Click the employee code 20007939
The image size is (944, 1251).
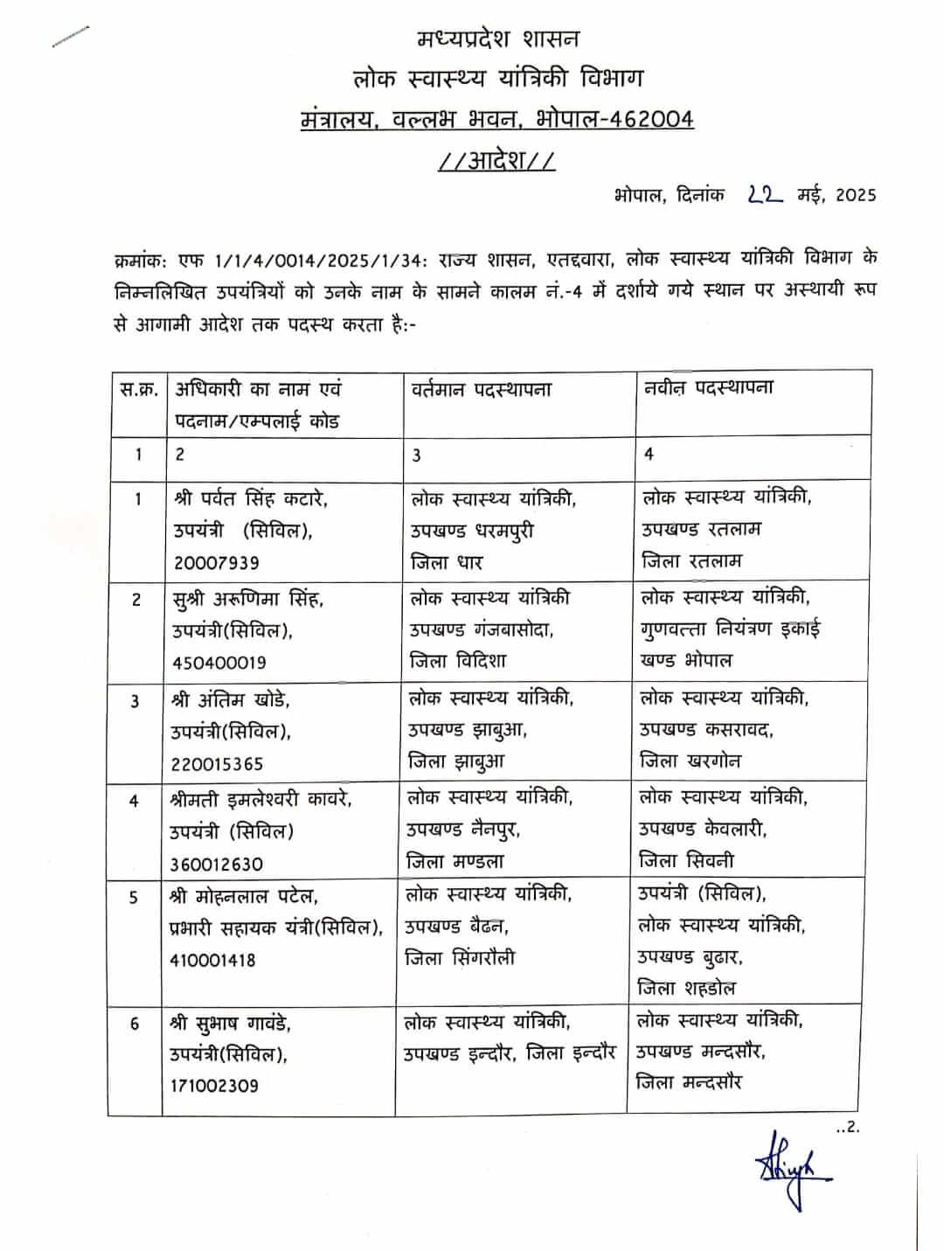(216, 563)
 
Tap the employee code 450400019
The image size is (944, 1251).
(219, 664)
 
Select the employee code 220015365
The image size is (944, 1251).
(217, 764)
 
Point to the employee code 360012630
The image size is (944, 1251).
(216, 865)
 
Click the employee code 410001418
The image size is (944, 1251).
(212, 960)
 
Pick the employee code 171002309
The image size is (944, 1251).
(214, 1086)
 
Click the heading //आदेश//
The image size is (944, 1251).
(495, 162)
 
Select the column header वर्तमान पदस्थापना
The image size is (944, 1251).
(482, 389)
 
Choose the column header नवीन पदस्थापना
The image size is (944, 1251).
(708, 387)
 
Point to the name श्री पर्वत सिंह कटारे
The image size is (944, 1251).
(251, 499)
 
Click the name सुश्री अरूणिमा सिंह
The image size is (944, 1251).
(248, 600)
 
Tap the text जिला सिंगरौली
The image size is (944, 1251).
(460, 958)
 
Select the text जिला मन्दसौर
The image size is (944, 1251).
(689, 1082)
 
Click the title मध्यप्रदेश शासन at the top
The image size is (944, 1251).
(497, 39)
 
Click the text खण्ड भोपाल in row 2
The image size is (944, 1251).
(686, 660)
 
